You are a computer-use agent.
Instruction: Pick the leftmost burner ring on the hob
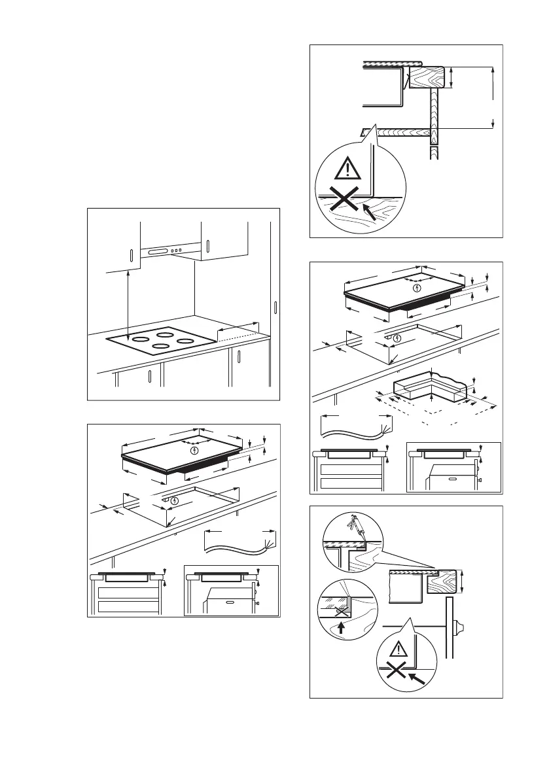[x=139, y=339]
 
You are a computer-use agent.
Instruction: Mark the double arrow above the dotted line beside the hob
[x=237, y=328]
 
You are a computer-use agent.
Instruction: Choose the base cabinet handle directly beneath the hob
[x=150, y=377]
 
